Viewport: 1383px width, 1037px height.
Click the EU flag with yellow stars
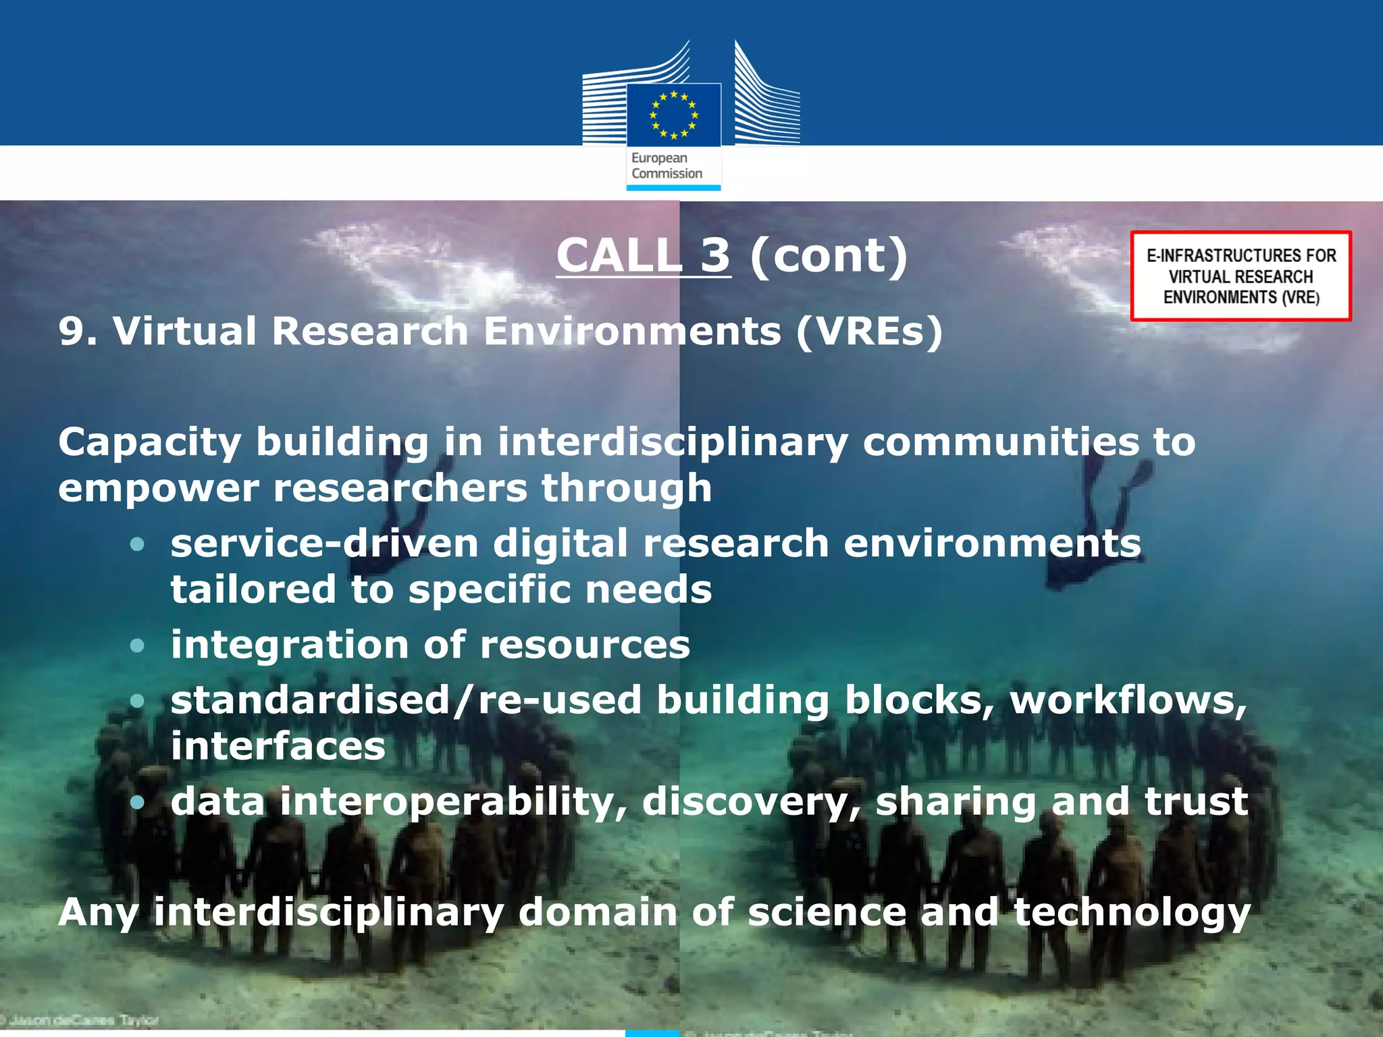click(673, 115)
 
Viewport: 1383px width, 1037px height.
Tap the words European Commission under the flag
click(667, 165)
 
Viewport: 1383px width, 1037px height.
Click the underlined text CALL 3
click(643, 255)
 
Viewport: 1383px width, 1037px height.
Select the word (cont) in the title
click(829, 255)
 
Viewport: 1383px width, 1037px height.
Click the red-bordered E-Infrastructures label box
click(1241, 276)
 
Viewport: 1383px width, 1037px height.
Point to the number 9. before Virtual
click(78, 331)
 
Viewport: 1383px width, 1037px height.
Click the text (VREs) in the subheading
click(869, 331)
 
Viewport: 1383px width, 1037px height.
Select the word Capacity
click(149, 443)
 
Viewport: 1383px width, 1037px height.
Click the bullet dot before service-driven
click(137, 544)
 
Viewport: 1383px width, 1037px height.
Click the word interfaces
click(278, 746)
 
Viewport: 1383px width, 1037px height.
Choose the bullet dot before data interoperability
click(137, 802)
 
